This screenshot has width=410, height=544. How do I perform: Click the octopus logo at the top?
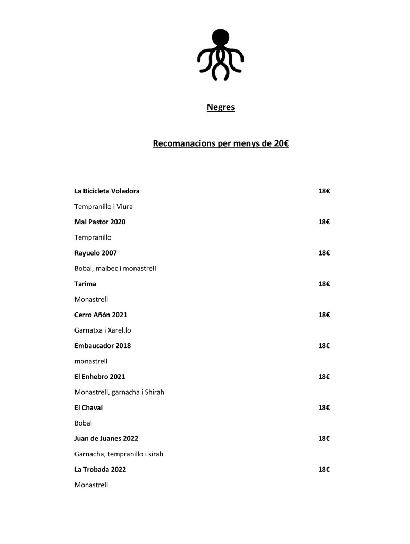click(x=220, y=55)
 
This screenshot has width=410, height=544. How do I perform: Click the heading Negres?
click(x=220, y=108)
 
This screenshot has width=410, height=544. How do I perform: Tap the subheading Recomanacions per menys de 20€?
click(x=220, y=143)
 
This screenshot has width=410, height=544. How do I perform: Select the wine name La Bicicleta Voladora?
click(x=107, y=191)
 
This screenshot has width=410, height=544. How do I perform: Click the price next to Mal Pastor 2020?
click(x=324, y=222)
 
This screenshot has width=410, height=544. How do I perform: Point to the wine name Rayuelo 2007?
click(x=96, y=253)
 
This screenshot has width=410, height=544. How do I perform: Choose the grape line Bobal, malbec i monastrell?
click(x=115, y=268)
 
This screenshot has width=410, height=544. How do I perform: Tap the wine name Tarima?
click(x=85, y=284)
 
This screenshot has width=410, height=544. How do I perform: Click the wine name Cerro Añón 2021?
click(x=101, y=314)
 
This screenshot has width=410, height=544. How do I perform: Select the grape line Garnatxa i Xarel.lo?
click(x=103, y=330)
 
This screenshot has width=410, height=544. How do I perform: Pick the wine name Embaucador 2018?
click(x=103, y=345)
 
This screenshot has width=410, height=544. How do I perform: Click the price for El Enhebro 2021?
click(x=324, y=377)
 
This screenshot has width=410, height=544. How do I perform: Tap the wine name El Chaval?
click(x=88, y=407)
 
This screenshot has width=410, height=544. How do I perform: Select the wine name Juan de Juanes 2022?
click(x=106, y=438)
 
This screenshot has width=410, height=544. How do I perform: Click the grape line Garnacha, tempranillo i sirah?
click(x=119, y=454)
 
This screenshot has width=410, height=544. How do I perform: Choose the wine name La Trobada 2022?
click(x=100, y=470)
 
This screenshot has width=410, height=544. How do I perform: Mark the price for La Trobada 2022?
click(x=324, y=470)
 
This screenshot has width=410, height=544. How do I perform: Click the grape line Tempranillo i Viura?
click(x=103, y=206)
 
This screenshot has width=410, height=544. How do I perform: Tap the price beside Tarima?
click(x=324, y=284)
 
